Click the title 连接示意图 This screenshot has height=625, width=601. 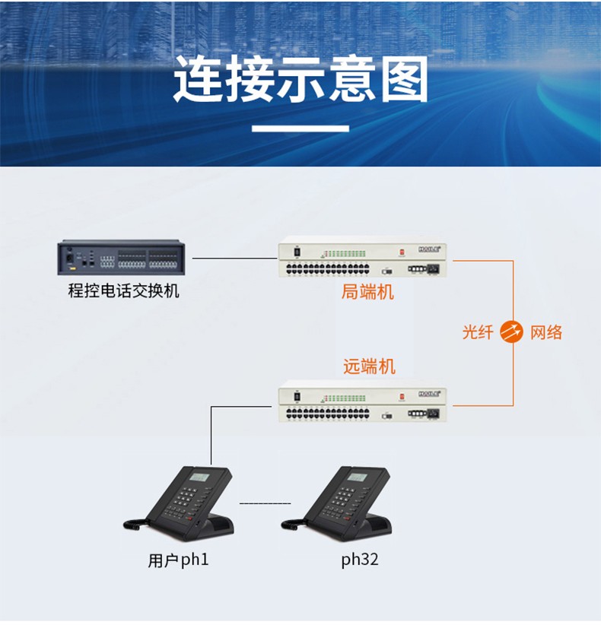point(300,78)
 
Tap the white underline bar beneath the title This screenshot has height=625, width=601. point(300,128)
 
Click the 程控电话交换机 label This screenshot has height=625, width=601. point(123,290)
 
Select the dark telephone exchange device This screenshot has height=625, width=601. point(121,258)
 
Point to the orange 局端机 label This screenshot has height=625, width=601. point(367,292)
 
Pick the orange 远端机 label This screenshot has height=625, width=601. point(369,366)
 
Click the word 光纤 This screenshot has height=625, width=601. point(478,332)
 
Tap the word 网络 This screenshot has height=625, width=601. point(546,332)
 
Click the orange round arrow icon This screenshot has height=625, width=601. point(512,332)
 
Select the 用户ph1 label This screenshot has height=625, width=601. point(178,560)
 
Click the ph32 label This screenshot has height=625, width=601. point(360,560)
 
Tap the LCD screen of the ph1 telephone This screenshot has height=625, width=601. point(199,477)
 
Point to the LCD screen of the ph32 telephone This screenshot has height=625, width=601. point(357,477)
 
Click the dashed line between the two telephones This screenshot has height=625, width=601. point(266,503)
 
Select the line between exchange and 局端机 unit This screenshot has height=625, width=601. point(235,259)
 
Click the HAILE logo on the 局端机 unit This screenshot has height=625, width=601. point(430,249)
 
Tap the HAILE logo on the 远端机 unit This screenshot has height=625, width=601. point(430,394)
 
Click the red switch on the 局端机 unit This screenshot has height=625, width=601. point(402,252)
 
